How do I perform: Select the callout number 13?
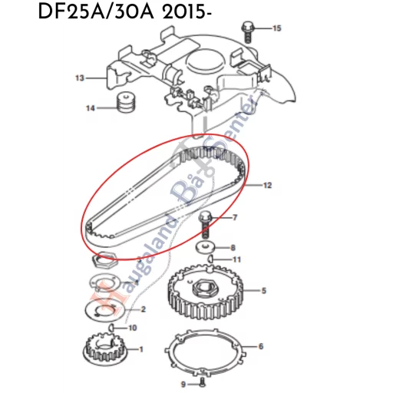pyautogui.click(x=79, y=78)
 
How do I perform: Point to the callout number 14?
pyautogui.click(x=90, y=108)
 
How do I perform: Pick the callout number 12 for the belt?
pyautogui.click(x=267, y=186)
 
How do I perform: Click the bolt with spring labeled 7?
pyautogui.click(x=205, y=223)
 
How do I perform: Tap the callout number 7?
pyautogui.click(x=235, y=218)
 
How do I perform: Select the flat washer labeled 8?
pyautogui.click(x=205, y=248)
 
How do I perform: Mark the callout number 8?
pyautogui.click(x=234, y=248)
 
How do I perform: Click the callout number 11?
pyautogui.click(x=236, y=259)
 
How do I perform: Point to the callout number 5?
pyautogui.click(x=263, y=291)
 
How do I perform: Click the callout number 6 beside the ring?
pyautogui.click(x=260, y=346)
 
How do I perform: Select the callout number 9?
pyautogui.click(x=183, y=382)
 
